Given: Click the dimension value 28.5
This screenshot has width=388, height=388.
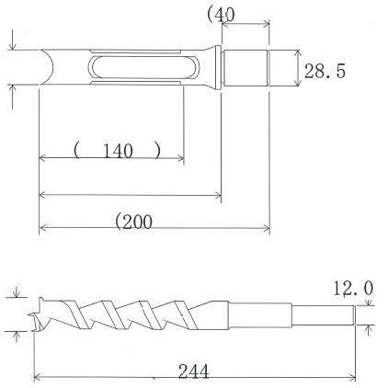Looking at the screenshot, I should [x=325, y=71].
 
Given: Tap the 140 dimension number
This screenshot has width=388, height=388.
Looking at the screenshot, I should [x=118, y=151].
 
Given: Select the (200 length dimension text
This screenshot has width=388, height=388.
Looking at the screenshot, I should [x=133, y=221].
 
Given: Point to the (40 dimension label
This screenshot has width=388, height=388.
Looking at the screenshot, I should [x=222, y=14].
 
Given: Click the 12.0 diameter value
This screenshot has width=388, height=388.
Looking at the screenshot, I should [x=352, y=289].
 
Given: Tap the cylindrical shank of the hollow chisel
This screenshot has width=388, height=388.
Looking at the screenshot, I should [x=246, y=70].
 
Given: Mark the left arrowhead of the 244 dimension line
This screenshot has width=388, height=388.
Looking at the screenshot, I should [x=38, y=376].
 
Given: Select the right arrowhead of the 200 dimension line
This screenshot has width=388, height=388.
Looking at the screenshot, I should [x=266, y=228].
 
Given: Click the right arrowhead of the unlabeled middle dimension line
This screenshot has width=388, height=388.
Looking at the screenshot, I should [x=218, y=194].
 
